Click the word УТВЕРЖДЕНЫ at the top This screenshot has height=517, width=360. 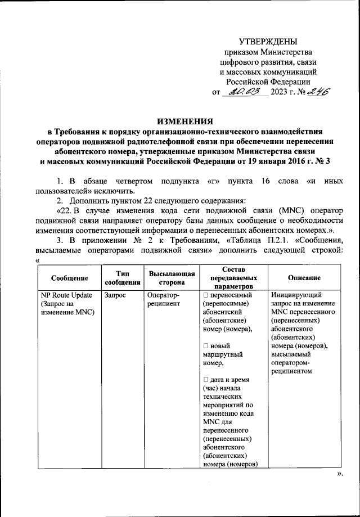click(x=268, y=41)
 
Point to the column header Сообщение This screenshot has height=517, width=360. click(x=69, y=278)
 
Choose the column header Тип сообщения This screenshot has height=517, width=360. click(x=120, y=278)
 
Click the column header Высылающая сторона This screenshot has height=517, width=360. click(x=172, y=278)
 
